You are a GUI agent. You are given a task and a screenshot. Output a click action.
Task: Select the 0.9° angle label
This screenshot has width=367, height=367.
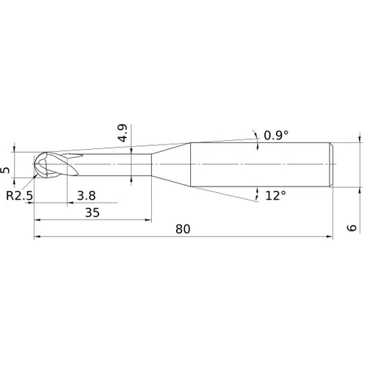276,135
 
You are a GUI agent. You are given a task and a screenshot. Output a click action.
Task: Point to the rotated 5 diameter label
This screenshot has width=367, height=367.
7,170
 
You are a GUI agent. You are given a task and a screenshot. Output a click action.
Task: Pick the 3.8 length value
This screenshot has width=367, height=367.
85,196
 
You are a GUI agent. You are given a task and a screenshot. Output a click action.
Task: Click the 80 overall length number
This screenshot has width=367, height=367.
183,229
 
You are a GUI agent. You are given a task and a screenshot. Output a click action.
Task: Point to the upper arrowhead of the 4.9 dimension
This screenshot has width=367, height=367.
131,149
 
